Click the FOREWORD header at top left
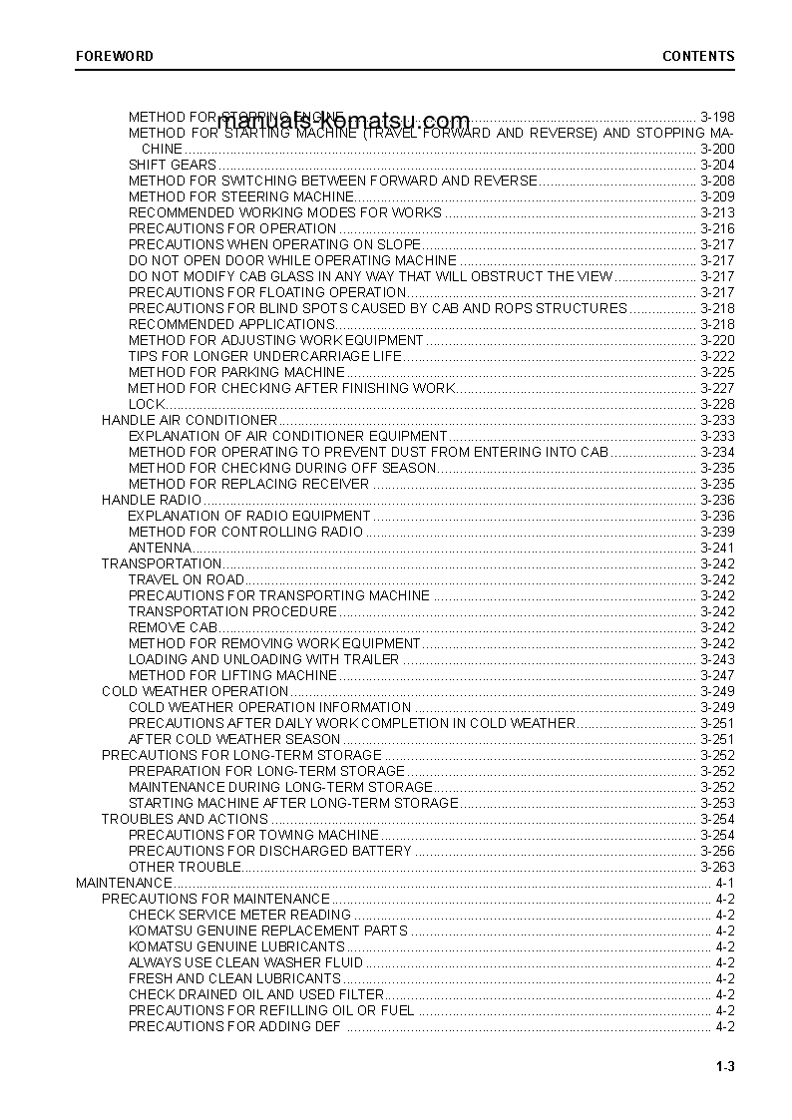115,56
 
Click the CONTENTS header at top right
698,56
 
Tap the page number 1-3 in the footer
725,1068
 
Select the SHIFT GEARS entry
172,165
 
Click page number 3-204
717,165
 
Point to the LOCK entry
146,404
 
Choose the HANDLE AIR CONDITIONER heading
189,420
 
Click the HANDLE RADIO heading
152,500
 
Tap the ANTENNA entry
160,548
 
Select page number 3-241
717,548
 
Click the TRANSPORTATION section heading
161,563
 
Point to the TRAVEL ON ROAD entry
186,579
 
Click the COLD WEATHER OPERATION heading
195,691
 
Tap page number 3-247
717,675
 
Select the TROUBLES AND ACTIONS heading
185,819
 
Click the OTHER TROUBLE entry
185,867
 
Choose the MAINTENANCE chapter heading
124,883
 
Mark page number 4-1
725,883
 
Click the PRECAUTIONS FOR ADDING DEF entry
234,1026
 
